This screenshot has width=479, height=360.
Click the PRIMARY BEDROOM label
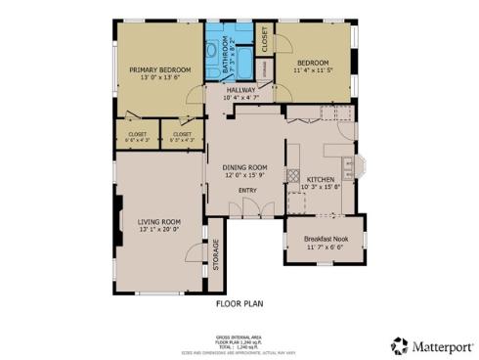click(x=160, y=69)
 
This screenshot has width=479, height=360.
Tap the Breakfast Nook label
click(x=327, y=239)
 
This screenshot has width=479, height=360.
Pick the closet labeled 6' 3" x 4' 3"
click(x=182, y=134)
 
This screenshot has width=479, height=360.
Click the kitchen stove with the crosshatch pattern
click(x=291, y=176)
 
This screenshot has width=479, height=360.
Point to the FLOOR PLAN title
click(x=240, y=303)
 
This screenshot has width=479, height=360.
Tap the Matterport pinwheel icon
click(x=400, y=345)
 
